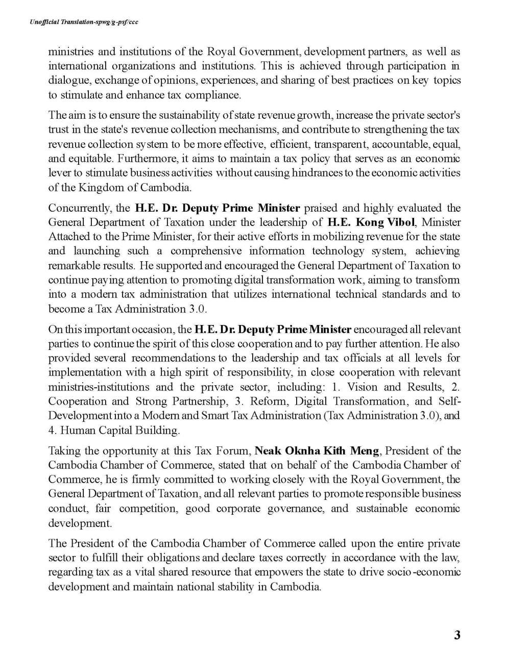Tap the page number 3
pyautogui.click(x=457, y=635)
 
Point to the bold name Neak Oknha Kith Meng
pyautogui.click(x=317, y=451)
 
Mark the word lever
pyautogui.click(x=59, y=172)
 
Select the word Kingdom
pyautogui.click(x=100, y=187)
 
